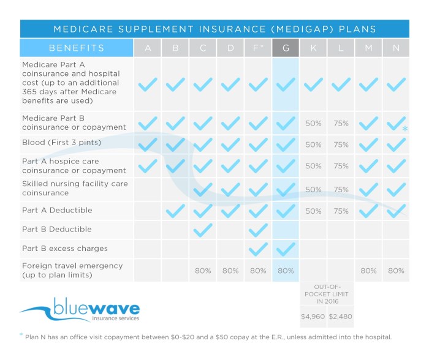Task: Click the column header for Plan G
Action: click(285, 48)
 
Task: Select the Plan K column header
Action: click(313, 48)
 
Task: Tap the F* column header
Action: click(258, 48)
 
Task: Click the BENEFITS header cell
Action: click(77, 48)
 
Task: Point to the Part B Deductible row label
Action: click(56, 230)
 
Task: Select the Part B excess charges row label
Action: click(64, 249)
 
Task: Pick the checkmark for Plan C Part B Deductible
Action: click(202, 230)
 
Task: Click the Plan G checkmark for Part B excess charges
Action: click(285, 249)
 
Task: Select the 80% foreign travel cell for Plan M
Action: click(368, 270)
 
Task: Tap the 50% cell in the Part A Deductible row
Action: click(313, 211)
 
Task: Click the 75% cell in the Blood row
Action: click(341, 145)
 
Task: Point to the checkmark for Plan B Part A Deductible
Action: click(175, 211)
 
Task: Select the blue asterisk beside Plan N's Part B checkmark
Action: click(405, 129)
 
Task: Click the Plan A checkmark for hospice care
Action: click(148, 166)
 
